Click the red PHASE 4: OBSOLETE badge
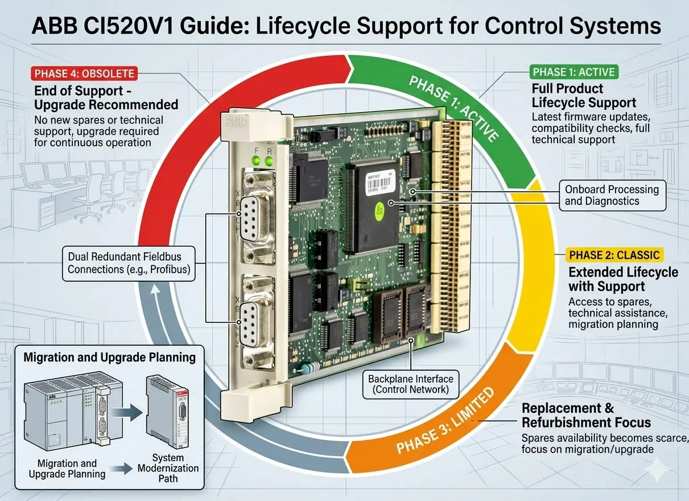tap(84, 73)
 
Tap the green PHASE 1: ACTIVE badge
tap(574, 72)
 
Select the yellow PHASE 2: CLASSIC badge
tap(614, 254)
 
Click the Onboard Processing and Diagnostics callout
tap(611, 195)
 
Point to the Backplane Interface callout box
tap(410, 384)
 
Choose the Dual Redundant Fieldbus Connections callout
tap(128, 263)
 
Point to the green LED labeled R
tap(269, 162)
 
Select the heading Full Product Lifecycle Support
tap(583, 96)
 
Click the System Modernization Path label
tap(168, 468)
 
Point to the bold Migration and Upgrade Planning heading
tap(109, 358)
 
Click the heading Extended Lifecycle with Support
tap(623, 279)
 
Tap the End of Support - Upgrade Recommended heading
tap(106, 97)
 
